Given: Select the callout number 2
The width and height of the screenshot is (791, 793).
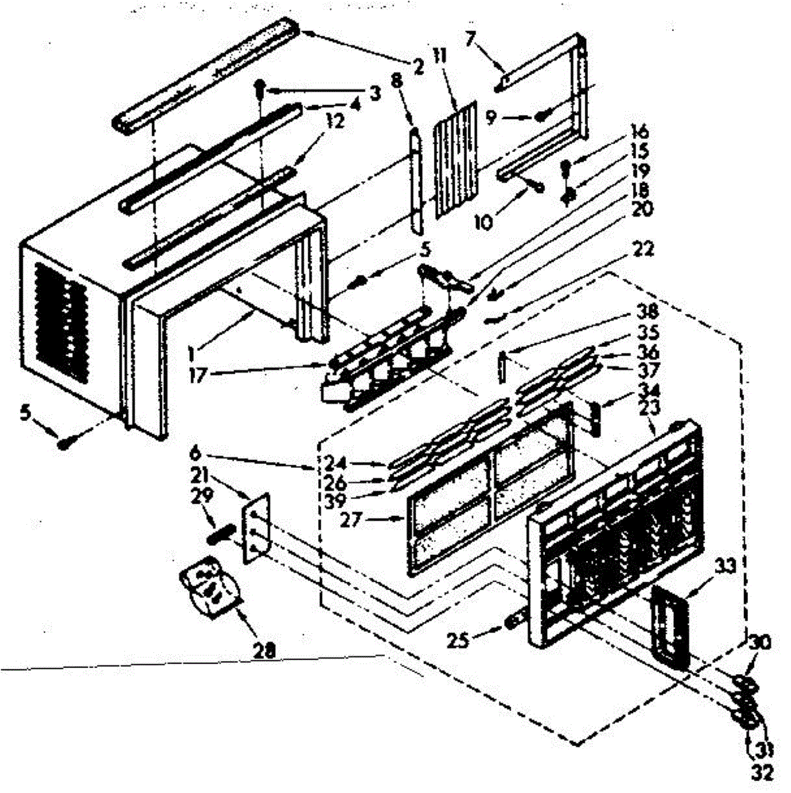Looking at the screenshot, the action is coord(418,66).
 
